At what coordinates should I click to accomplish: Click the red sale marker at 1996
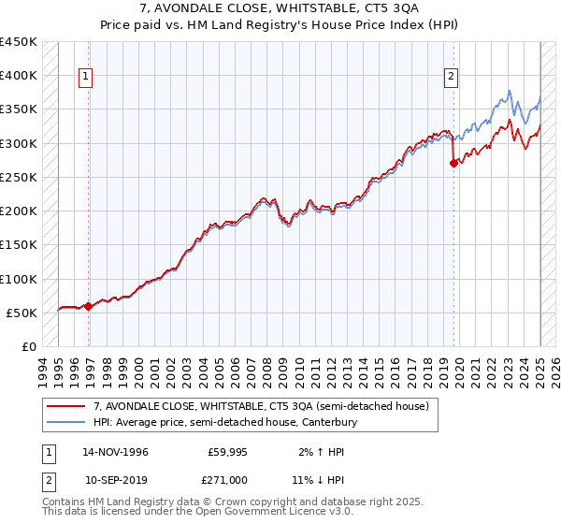(88, 306)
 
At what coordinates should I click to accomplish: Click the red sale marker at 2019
(453, 163)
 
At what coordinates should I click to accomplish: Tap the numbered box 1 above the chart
(86, 78)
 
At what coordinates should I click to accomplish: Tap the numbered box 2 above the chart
(451, 78)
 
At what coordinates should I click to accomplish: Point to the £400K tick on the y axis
(18, 76)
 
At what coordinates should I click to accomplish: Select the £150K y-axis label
(18, 245)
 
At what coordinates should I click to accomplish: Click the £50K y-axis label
(22, 313)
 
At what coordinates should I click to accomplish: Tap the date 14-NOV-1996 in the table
(115, 452)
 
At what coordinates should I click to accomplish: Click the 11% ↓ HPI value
(315, 479)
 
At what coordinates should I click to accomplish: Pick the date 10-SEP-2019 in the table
(115, 479)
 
